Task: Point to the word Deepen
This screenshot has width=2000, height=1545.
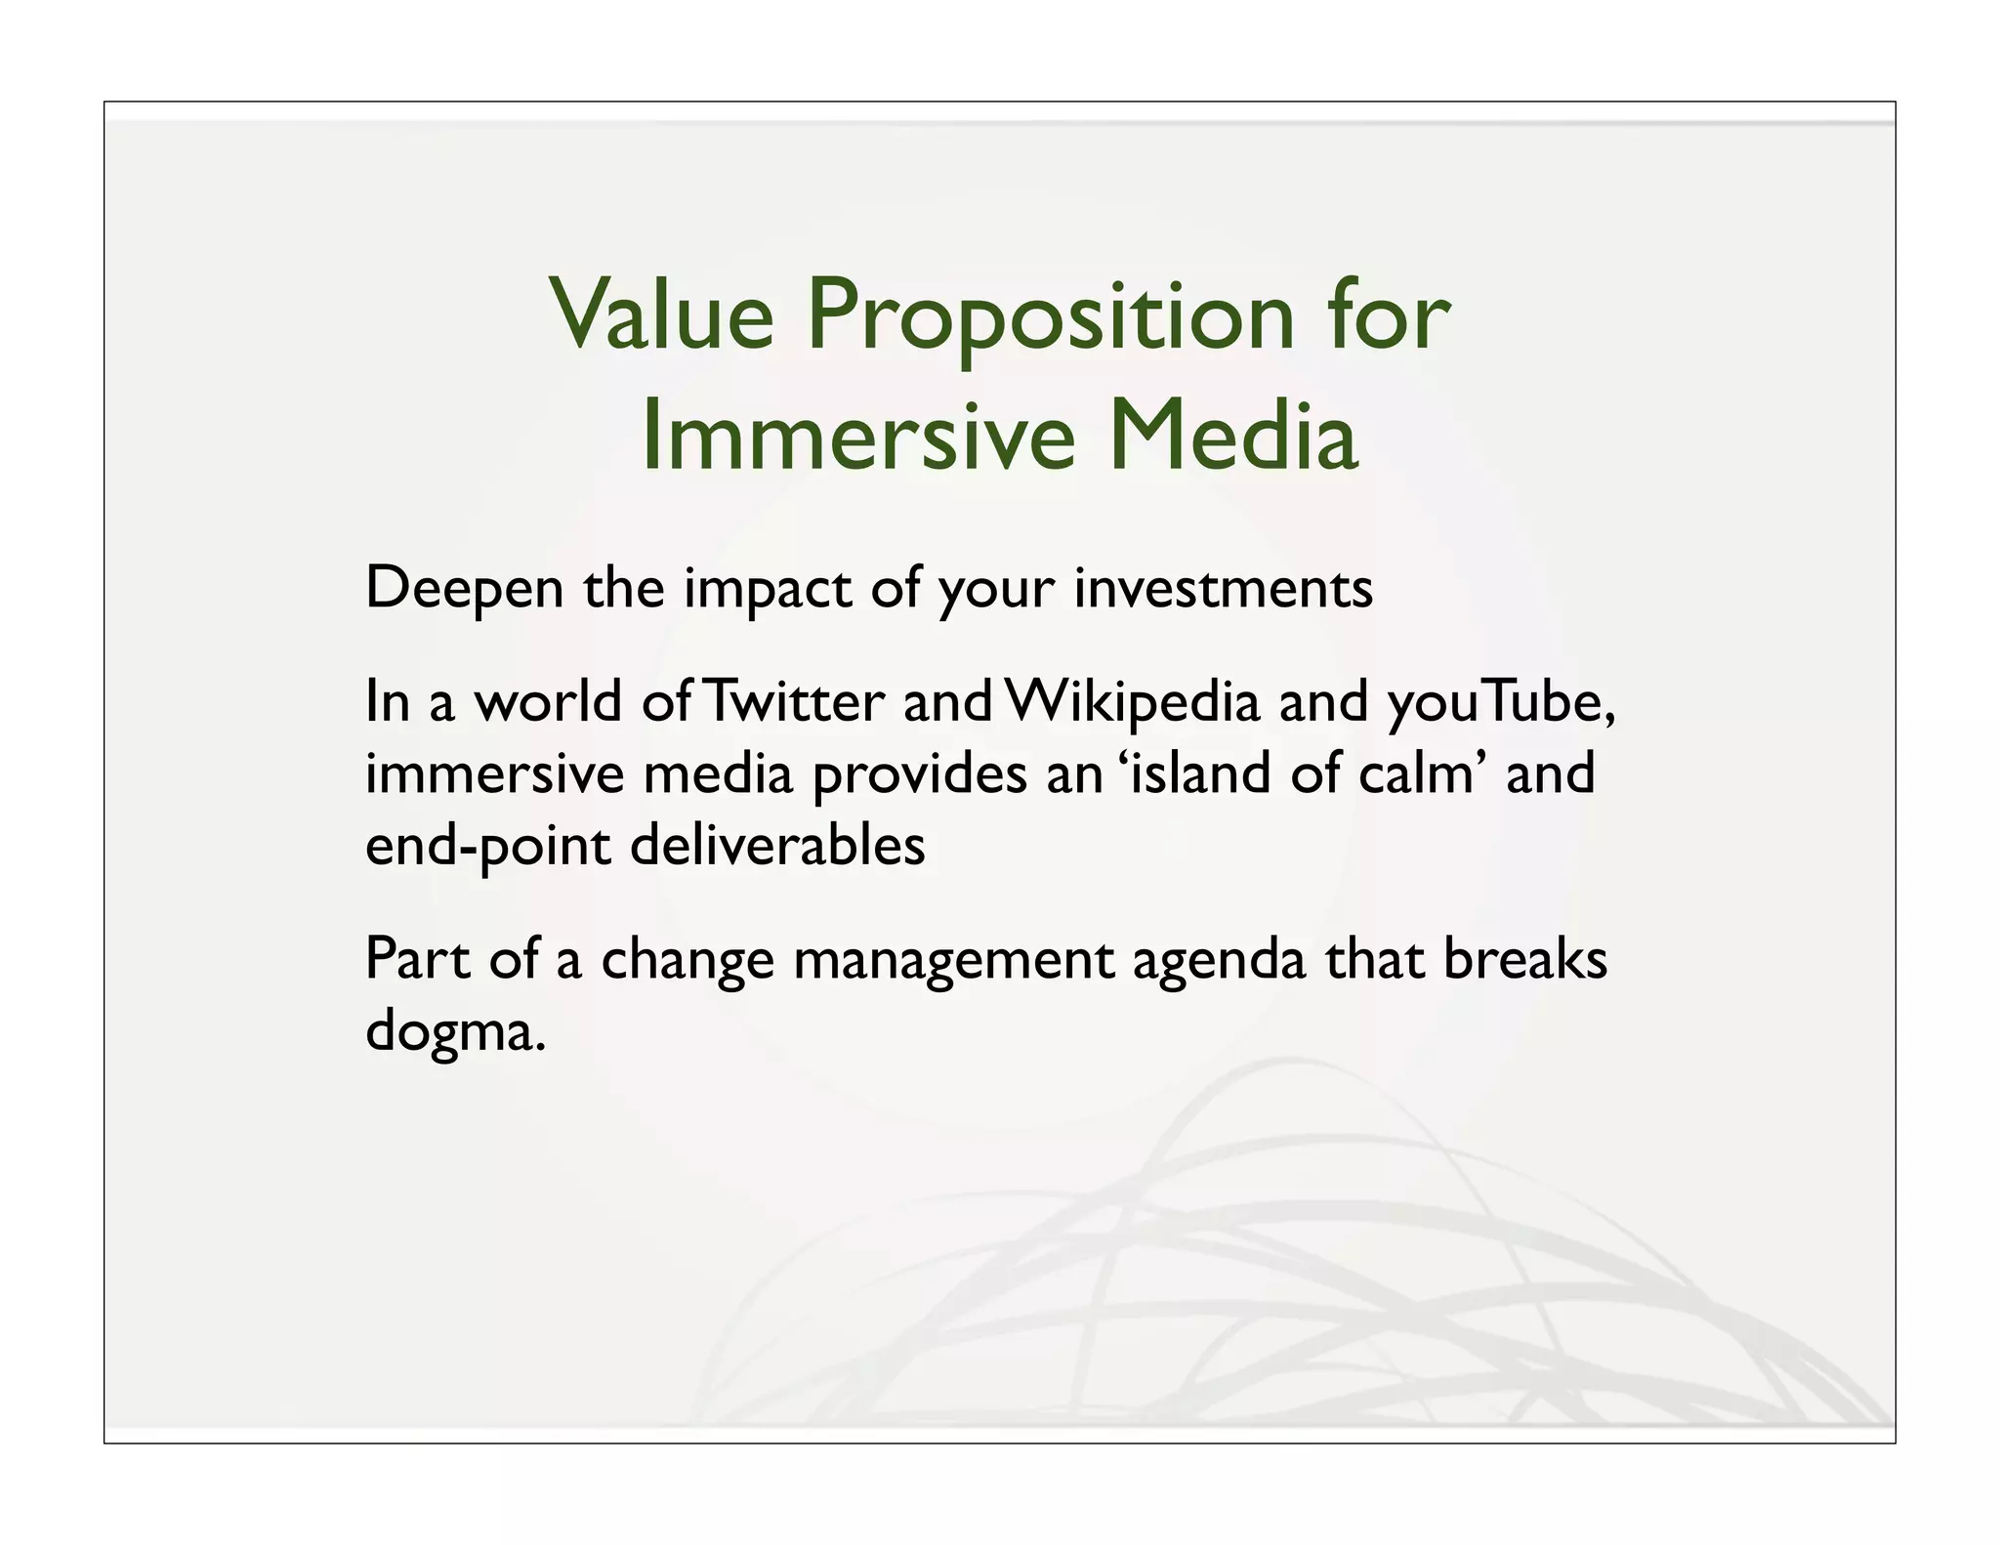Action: (x=465, y=590)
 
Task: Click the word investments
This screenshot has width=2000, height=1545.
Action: (x=1223, y=589)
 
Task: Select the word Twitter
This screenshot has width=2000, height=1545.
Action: (x=793, y=702)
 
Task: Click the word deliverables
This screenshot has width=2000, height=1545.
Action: (x=777, y=845)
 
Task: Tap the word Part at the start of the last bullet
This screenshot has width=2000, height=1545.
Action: (x=417, y=959)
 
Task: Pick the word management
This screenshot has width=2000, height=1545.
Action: (x=952, y=961)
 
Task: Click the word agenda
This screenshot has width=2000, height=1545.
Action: (x=1218, y=961)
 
